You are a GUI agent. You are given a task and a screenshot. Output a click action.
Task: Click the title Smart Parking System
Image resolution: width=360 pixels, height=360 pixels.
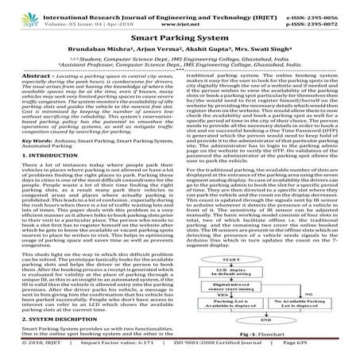(180, 38)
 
